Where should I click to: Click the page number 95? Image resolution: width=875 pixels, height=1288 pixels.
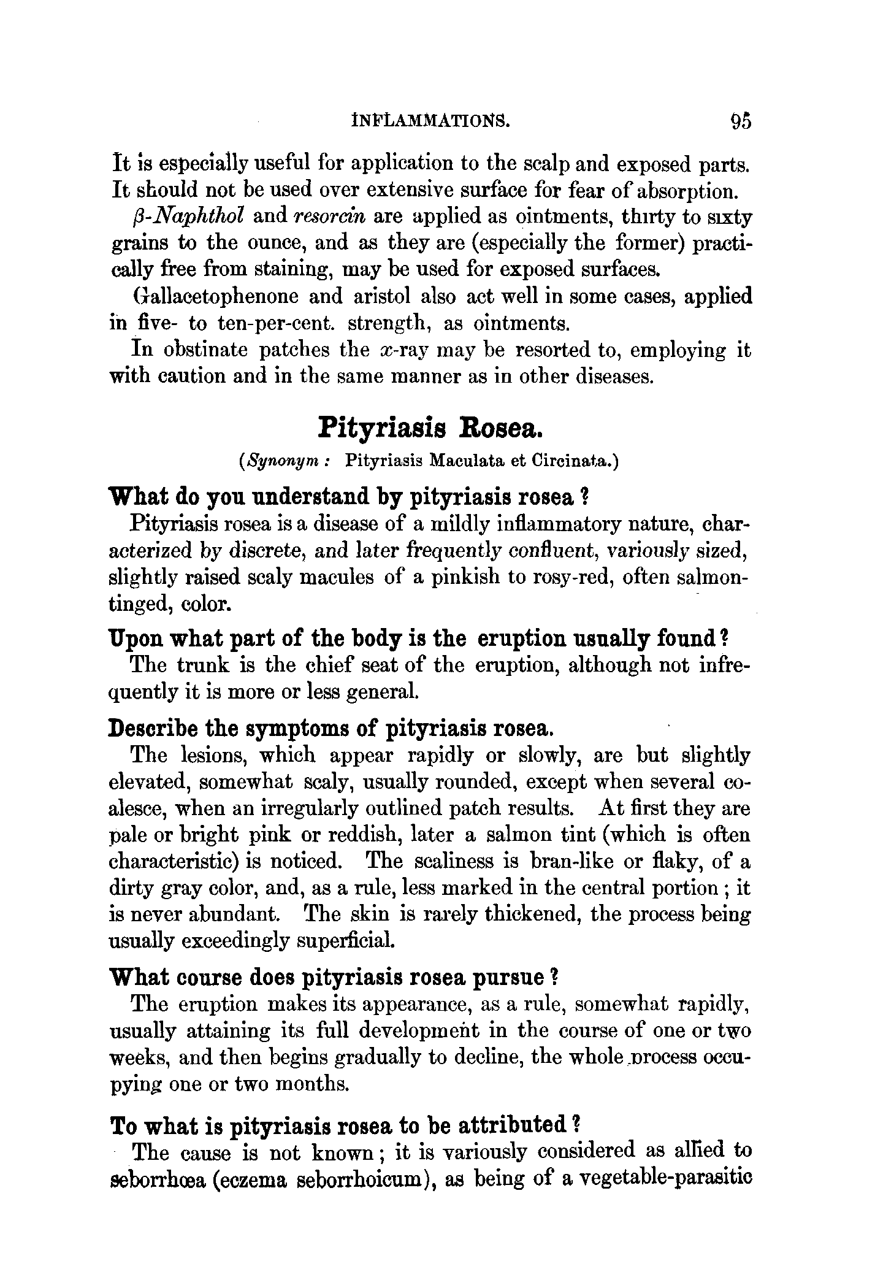point(740,121)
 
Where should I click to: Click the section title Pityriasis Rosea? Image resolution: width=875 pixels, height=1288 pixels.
point(430,427)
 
